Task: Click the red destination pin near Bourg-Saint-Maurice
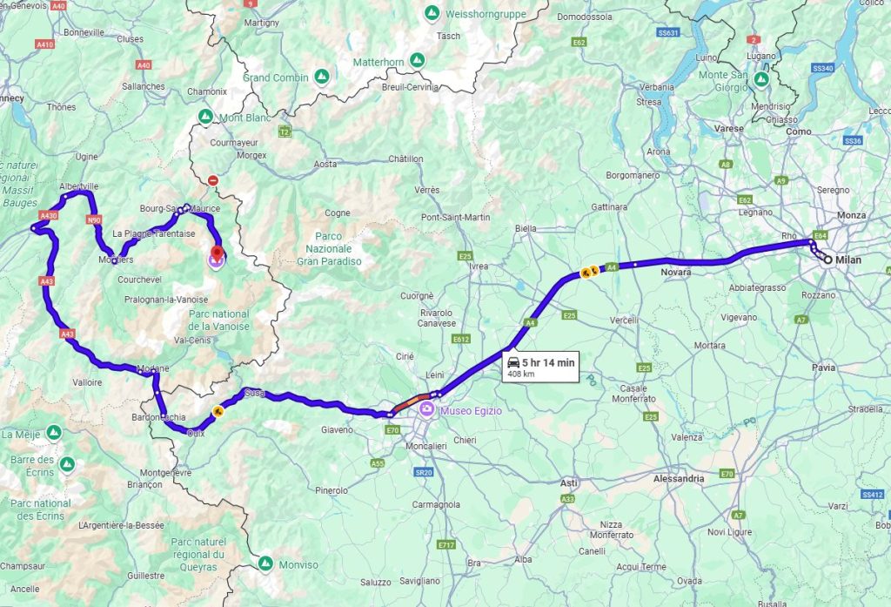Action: click(214, 255)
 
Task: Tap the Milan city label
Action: click(848, 260)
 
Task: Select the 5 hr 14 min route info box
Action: click(539, 368)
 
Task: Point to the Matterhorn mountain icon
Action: click(418, 61)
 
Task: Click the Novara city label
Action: click(676, 273)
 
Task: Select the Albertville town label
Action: click(79, 186)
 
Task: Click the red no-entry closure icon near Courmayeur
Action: click(213, 180)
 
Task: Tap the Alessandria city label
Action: click(679, 479)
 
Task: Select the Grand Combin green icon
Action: click(322, 78)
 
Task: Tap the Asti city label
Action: click(569, 482)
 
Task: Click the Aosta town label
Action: click(325, 164)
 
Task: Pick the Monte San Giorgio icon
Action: click(761, 79)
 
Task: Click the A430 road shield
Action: click(48, 215)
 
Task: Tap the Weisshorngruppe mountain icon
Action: click(432, 14)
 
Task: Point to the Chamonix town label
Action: click(207, 91)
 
